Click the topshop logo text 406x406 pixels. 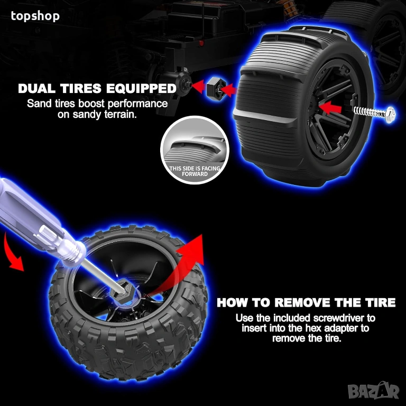click(35, 16)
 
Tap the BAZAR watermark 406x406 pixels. click(373, 391)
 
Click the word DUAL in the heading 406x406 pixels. click(38, 89)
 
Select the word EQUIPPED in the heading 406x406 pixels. click(141, 89)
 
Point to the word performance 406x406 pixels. click(137, 104)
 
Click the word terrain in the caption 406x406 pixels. click(121, 114)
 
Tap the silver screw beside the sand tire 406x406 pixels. click(374, 113)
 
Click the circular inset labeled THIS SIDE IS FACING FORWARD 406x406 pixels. click(195, 150)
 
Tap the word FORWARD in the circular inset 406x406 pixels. click(195, 174)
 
